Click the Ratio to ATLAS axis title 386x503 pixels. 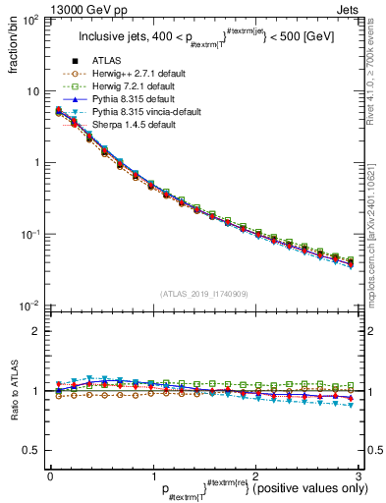(x=13, y=392)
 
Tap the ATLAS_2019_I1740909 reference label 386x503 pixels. (x=204, y=295)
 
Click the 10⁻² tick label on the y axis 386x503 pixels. (x=29, y=306)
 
